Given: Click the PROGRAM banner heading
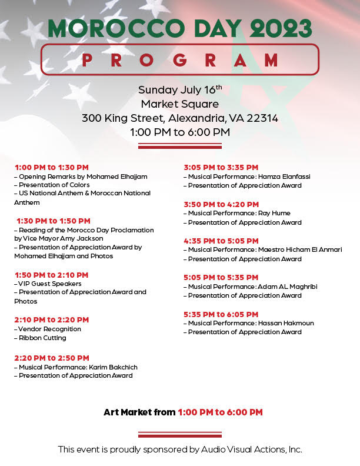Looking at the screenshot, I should (180, 59).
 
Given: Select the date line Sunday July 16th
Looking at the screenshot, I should (180, 90).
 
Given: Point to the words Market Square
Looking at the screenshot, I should (180, 104).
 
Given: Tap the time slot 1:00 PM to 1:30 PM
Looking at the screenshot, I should (52, 168).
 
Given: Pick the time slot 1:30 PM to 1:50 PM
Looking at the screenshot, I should (53, 221).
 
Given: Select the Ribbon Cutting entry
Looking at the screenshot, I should (42, 338).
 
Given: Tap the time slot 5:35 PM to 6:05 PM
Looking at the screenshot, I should (221, 314).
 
